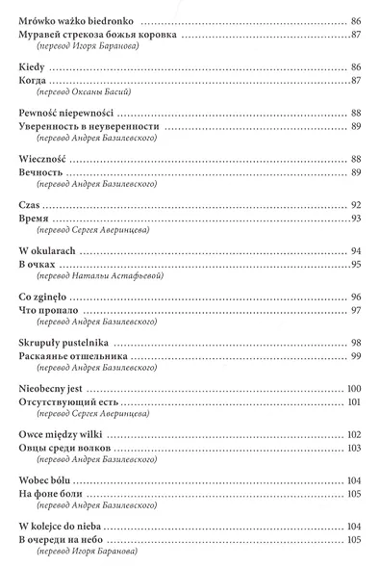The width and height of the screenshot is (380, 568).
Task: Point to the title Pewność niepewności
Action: (x=67, y=113)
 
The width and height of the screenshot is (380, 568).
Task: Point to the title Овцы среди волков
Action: (x=68, y=449)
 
